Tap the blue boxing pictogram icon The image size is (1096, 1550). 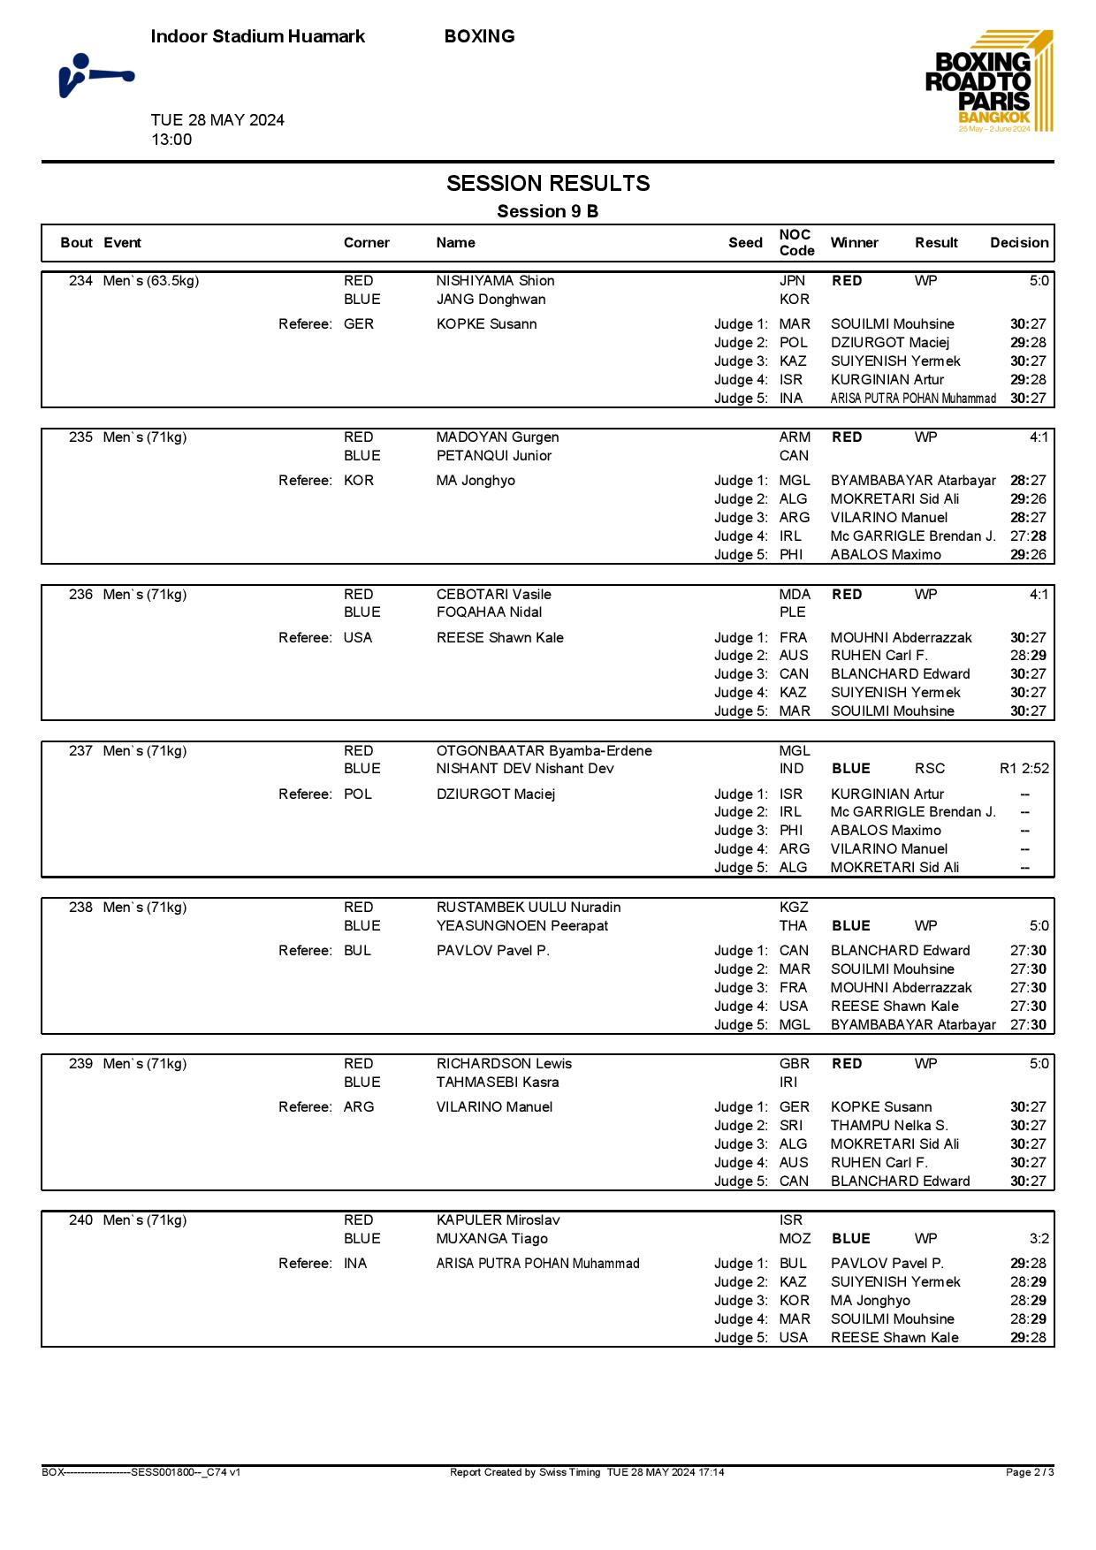pyautogui.click(x=96, y=75)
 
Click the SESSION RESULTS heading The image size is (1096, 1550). pyautogui.click(x=548, y=183)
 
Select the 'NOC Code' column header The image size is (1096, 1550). pyautogui.click(x=795, y=242)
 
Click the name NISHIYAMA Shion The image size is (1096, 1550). pyautogui.click(x=495, y=280)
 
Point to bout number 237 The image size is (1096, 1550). pyautogui.click(x=80, y=750)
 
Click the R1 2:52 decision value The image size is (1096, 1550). pyautogui.click(x=1024, y=768)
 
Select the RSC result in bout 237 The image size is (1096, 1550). pyautogui.click(x=930, y=768)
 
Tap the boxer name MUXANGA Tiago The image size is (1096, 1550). pyautogui.click(x=491, y=1238)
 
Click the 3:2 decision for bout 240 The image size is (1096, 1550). pyautogui.click(x=1039, y=1238)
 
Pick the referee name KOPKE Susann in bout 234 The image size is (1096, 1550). pyautogui.click(x=486, y=323)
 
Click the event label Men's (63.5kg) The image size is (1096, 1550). pyautogui.click(x=151, y=280)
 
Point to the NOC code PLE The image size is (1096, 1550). pyautogui.click(x=793, y=612)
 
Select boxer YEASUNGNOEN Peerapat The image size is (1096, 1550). pyautogui.click(x=521, y=925)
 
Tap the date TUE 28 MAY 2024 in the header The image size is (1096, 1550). pyautogui.click(x=217, y=120)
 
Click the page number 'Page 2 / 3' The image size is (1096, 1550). pyautogui.click(x=1030, y=1472)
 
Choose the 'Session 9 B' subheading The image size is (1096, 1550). pyautogui.click(x=547, y=211)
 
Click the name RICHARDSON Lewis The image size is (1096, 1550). pyautogui.click(x=504, y=1063)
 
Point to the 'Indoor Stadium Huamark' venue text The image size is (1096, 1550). pyautogui.click(x=257, y=36)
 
